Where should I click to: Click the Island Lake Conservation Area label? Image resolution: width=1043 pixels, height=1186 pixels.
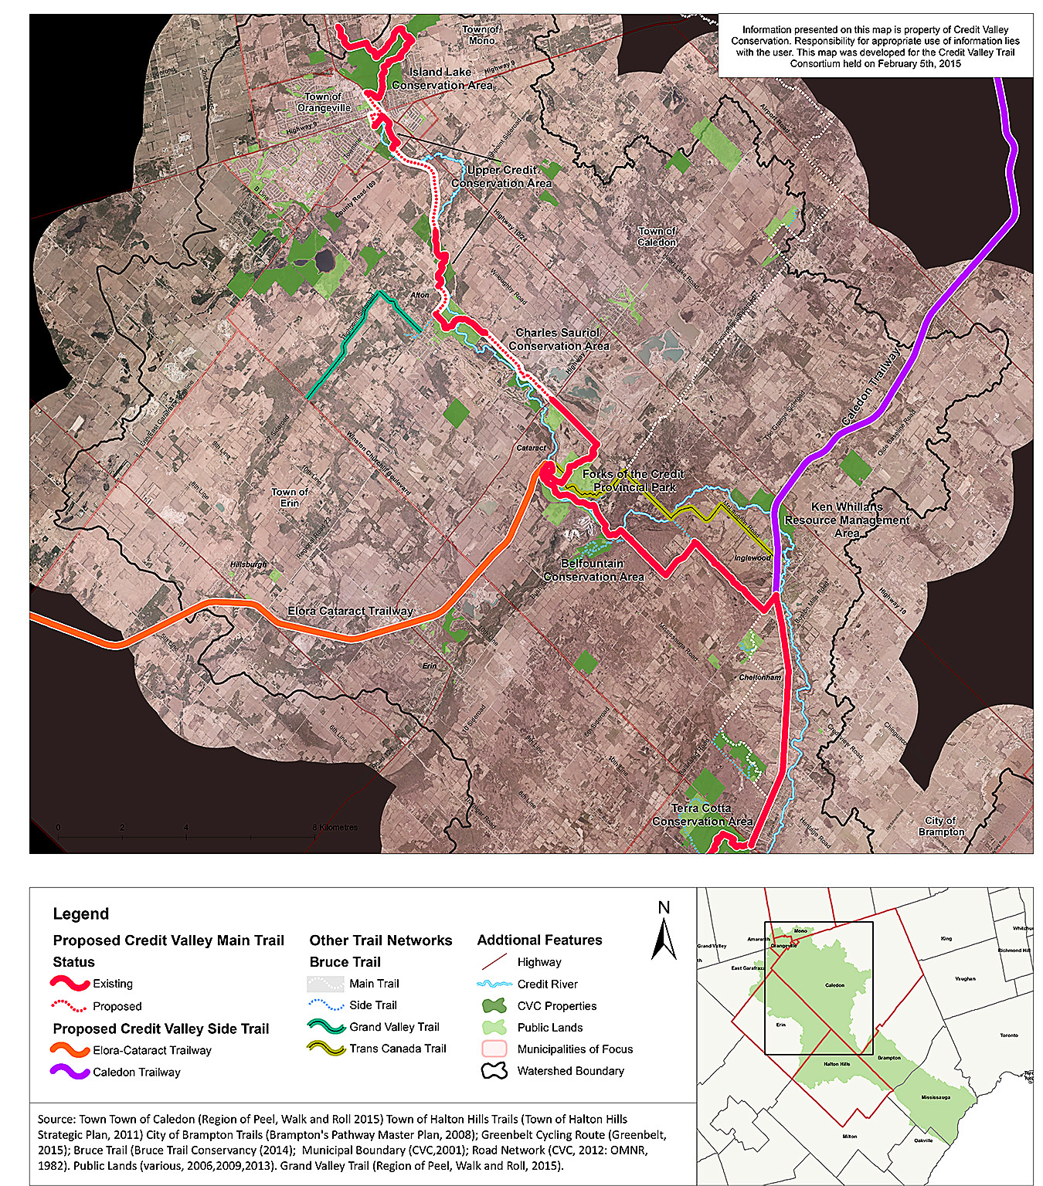[x=441, y=78]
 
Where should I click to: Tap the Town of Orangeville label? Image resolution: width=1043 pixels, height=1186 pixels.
[x=324, y=102]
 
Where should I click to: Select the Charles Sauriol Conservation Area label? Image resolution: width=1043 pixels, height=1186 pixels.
[x=558, y=339]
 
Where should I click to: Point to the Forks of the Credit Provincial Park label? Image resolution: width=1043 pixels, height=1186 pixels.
[x=634, y=480]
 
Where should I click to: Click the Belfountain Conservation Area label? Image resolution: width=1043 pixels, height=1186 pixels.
[x=593, y=570]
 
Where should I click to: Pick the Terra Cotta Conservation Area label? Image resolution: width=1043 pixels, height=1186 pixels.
[x=702, y=815]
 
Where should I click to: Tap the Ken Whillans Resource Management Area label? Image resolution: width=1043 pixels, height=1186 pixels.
[x=847, y=520]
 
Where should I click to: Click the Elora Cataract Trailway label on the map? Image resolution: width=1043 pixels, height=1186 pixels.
[x=350, y=611]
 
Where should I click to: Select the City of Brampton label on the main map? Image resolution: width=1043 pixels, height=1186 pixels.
[x=941, y=826]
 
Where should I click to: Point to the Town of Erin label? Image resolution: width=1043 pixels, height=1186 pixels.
[x=290, y=497]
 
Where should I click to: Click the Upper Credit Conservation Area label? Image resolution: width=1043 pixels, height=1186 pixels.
[x=501, y=176]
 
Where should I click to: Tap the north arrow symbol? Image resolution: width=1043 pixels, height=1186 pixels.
[x=664, y=937]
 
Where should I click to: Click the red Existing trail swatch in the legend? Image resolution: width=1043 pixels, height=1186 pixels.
[x=70, y=984]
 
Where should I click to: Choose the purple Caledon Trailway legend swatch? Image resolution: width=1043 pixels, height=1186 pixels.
[x=70, y=1072]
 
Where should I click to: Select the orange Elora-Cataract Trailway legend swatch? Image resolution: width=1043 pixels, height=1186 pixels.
[x=70, y=1050]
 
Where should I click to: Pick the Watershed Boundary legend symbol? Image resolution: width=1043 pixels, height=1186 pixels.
[x=494, y=1071]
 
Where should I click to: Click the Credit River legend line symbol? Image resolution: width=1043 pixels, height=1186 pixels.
[x=494, y=984]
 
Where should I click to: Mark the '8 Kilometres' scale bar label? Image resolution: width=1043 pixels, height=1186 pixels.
[x=336, y=828]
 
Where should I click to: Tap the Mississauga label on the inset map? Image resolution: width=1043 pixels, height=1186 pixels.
[x=935, y=1097]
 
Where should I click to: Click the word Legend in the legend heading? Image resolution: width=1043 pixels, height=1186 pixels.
[x=81, y=914]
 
